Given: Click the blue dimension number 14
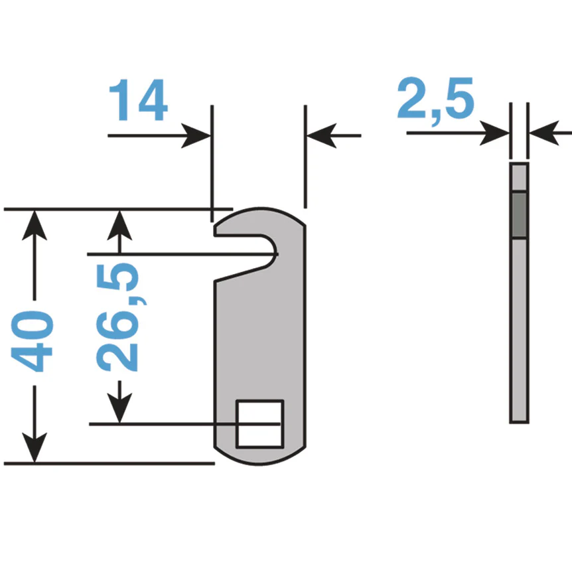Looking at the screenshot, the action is pos(138,100).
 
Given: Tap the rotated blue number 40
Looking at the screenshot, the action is pos(32,341).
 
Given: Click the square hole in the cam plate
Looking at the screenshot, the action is pos(259,424).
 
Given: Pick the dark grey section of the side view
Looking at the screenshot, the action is pos(519,215).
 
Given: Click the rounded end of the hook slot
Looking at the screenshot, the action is pos(272,251).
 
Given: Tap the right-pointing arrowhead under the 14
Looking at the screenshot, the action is pos(196,136).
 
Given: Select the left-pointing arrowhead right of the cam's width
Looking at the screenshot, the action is pos(321,136).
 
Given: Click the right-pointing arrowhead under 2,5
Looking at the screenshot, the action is pos(494,133).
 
